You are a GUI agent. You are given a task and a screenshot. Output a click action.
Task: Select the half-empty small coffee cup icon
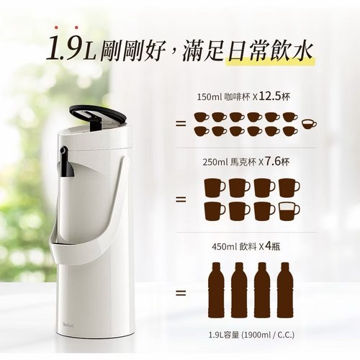point(310,124)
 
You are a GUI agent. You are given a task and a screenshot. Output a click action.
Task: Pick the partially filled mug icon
point(289,211)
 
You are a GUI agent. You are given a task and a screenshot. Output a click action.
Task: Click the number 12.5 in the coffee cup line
point(270,96)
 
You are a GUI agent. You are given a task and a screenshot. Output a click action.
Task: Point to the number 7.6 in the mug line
point(273,162)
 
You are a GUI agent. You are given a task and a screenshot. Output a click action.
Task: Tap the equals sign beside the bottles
point(181,293)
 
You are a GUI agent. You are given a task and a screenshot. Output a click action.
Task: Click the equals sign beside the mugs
point(181,199)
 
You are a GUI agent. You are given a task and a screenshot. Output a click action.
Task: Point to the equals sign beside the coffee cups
point(181,124)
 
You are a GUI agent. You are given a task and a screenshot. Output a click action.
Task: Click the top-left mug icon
point(215,187)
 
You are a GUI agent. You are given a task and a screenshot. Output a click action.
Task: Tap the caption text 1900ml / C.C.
point(269,335)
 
